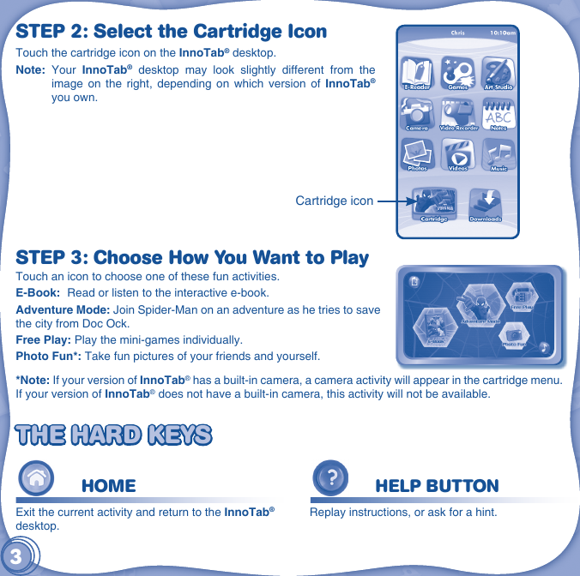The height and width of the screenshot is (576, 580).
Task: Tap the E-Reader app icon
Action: pyautogui.click(x=417, y=72)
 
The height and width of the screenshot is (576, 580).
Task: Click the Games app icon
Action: pyautogui.click(x=458, y=72)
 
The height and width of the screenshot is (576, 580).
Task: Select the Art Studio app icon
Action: pyautogui.click(x=498, y=72)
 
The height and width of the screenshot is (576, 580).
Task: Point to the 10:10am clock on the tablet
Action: pyautogui.click(x=503, y=33)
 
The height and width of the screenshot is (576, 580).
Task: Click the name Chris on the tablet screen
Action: pyautogui.click(x=457, y=33)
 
